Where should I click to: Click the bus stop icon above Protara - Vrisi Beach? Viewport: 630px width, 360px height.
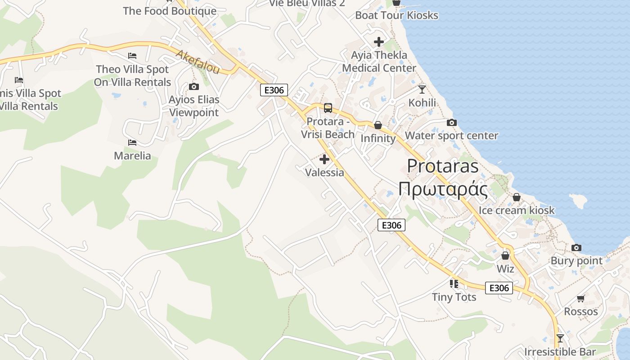(328, 108)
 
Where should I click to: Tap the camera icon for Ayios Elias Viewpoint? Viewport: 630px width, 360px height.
(194, 86)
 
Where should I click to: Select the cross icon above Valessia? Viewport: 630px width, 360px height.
(324, 159)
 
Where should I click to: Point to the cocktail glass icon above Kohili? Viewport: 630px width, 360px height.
(422, 90)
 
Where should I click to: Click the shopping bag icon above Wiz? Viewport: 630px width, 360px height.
(505, 256)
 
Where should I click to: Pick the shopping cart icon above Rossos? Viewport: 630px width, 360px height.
(581, 298)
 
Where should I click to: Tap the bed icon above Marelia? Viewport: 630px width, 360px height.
(132, 143)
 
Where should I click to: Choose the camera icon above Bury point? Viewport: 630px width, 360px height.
(576, 248)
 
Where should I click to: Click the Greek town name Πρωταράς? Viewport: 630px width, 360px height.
(443, 189)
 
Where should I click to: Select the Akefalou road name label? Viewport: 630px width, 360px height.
(198, 62)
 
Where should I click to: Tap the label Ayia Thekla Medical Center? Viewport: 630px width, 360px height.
(379, 62)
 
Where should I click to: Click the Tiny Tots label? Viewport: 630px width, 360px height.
(454, 297)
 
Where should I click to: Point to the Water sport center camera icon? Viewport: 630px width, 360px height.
(452, 123)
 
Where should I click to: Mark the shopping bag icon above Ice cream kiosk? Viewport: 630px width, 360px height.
(517, 198)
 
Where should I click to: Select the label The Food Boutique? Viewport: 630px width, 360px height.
(170, 11)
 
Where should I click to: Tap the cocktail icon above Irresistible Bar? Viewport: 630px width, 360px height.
(560, 338)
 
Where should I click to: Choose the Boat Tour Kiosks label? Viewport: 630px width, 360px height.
(396, 15)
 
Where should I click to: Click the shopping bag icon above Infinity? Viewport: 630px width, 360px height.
(378, 125)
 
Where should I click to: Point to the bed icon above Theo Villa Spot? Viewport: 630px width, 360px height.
(132, 56)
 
